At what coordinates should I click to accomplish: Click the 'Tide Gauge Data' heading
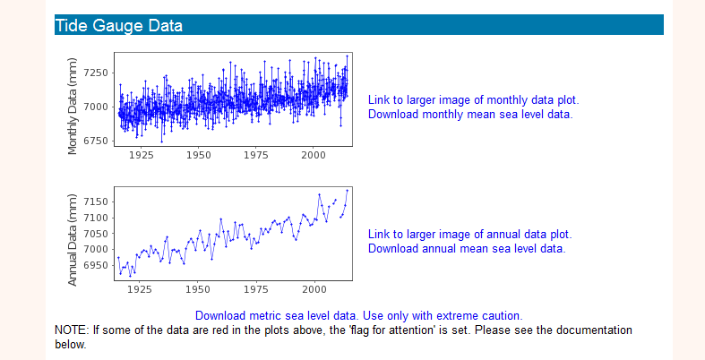point(119,25)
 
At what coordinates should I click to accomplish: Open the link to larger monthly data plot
point(473,99)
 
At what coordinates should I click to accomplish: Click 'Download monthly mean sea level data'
point(469,114)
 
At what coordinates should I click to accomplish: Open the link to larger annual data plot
point(469,234)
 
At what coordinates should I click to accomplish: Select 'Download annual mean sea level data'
point(467,248)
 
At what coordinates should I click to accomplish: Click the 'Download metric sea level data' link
point(358,315)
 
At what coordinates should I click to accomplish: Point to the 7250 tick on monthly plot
point(96,73)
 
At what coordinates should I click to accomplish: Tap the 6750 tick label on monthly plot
point(96,141)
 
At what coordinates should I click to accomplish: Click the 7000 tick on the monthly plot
point(96,107)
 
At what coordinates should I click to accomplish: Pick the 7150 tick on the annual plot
point(96,201)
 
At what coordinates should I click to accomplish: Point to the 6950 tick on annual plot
point(96,265)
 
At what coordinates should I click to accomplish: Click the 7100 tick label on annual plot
point(96,218)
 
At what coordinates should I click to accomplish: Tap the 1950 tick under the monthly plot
point(198,155)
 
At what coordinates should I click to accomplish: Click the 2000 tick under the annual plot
point(313,289)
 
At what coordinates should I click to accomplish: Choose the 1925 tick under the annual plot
point(140,289)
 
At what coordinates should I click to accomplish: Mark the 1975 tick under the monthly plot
point(255,155)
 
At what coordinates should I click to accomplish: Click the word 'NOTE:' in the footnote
point(71,330)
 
